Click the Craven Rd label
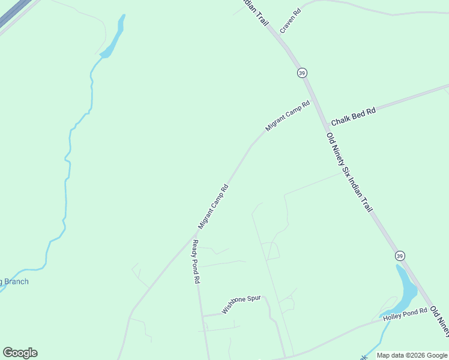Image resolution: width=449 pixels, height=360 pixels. click(x=290, y=20)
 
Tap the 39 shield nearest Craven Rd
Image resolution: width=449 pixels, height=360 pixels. click(x=301, y=73)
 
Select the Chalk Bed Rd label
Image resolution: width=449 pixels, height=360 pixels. click(x=353, y=116)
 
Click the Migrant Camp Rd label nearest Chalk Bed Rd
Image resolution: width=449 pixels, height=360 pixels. click(x=288, y=116)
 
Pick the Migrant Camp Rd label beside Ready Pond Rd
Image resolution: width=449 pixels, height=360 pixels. click(x=214, y=206)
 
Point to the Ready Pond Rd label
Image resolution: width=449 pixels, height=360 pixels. click(x=196, y=262)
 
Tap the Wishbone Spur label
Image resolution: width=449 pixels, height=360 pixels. click(x=241, y=304)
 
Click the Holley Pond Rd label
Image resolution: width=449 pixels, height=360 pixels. click(x=405, y=314)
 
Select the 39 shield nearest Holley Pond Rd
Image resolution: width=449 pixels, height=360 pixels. click(x=400, y=256)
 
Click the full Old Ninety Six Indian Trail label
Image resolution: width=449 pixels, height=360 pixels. click(x=350, y=173)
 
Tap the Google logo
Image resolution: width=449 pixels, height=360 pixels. click(x=20, y=353)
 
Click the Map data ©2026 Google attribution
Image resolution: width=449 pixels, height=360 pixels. click(x=411, y=355)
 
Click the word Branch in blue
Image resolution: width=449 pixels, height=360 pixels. click(x=16, y=281)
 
